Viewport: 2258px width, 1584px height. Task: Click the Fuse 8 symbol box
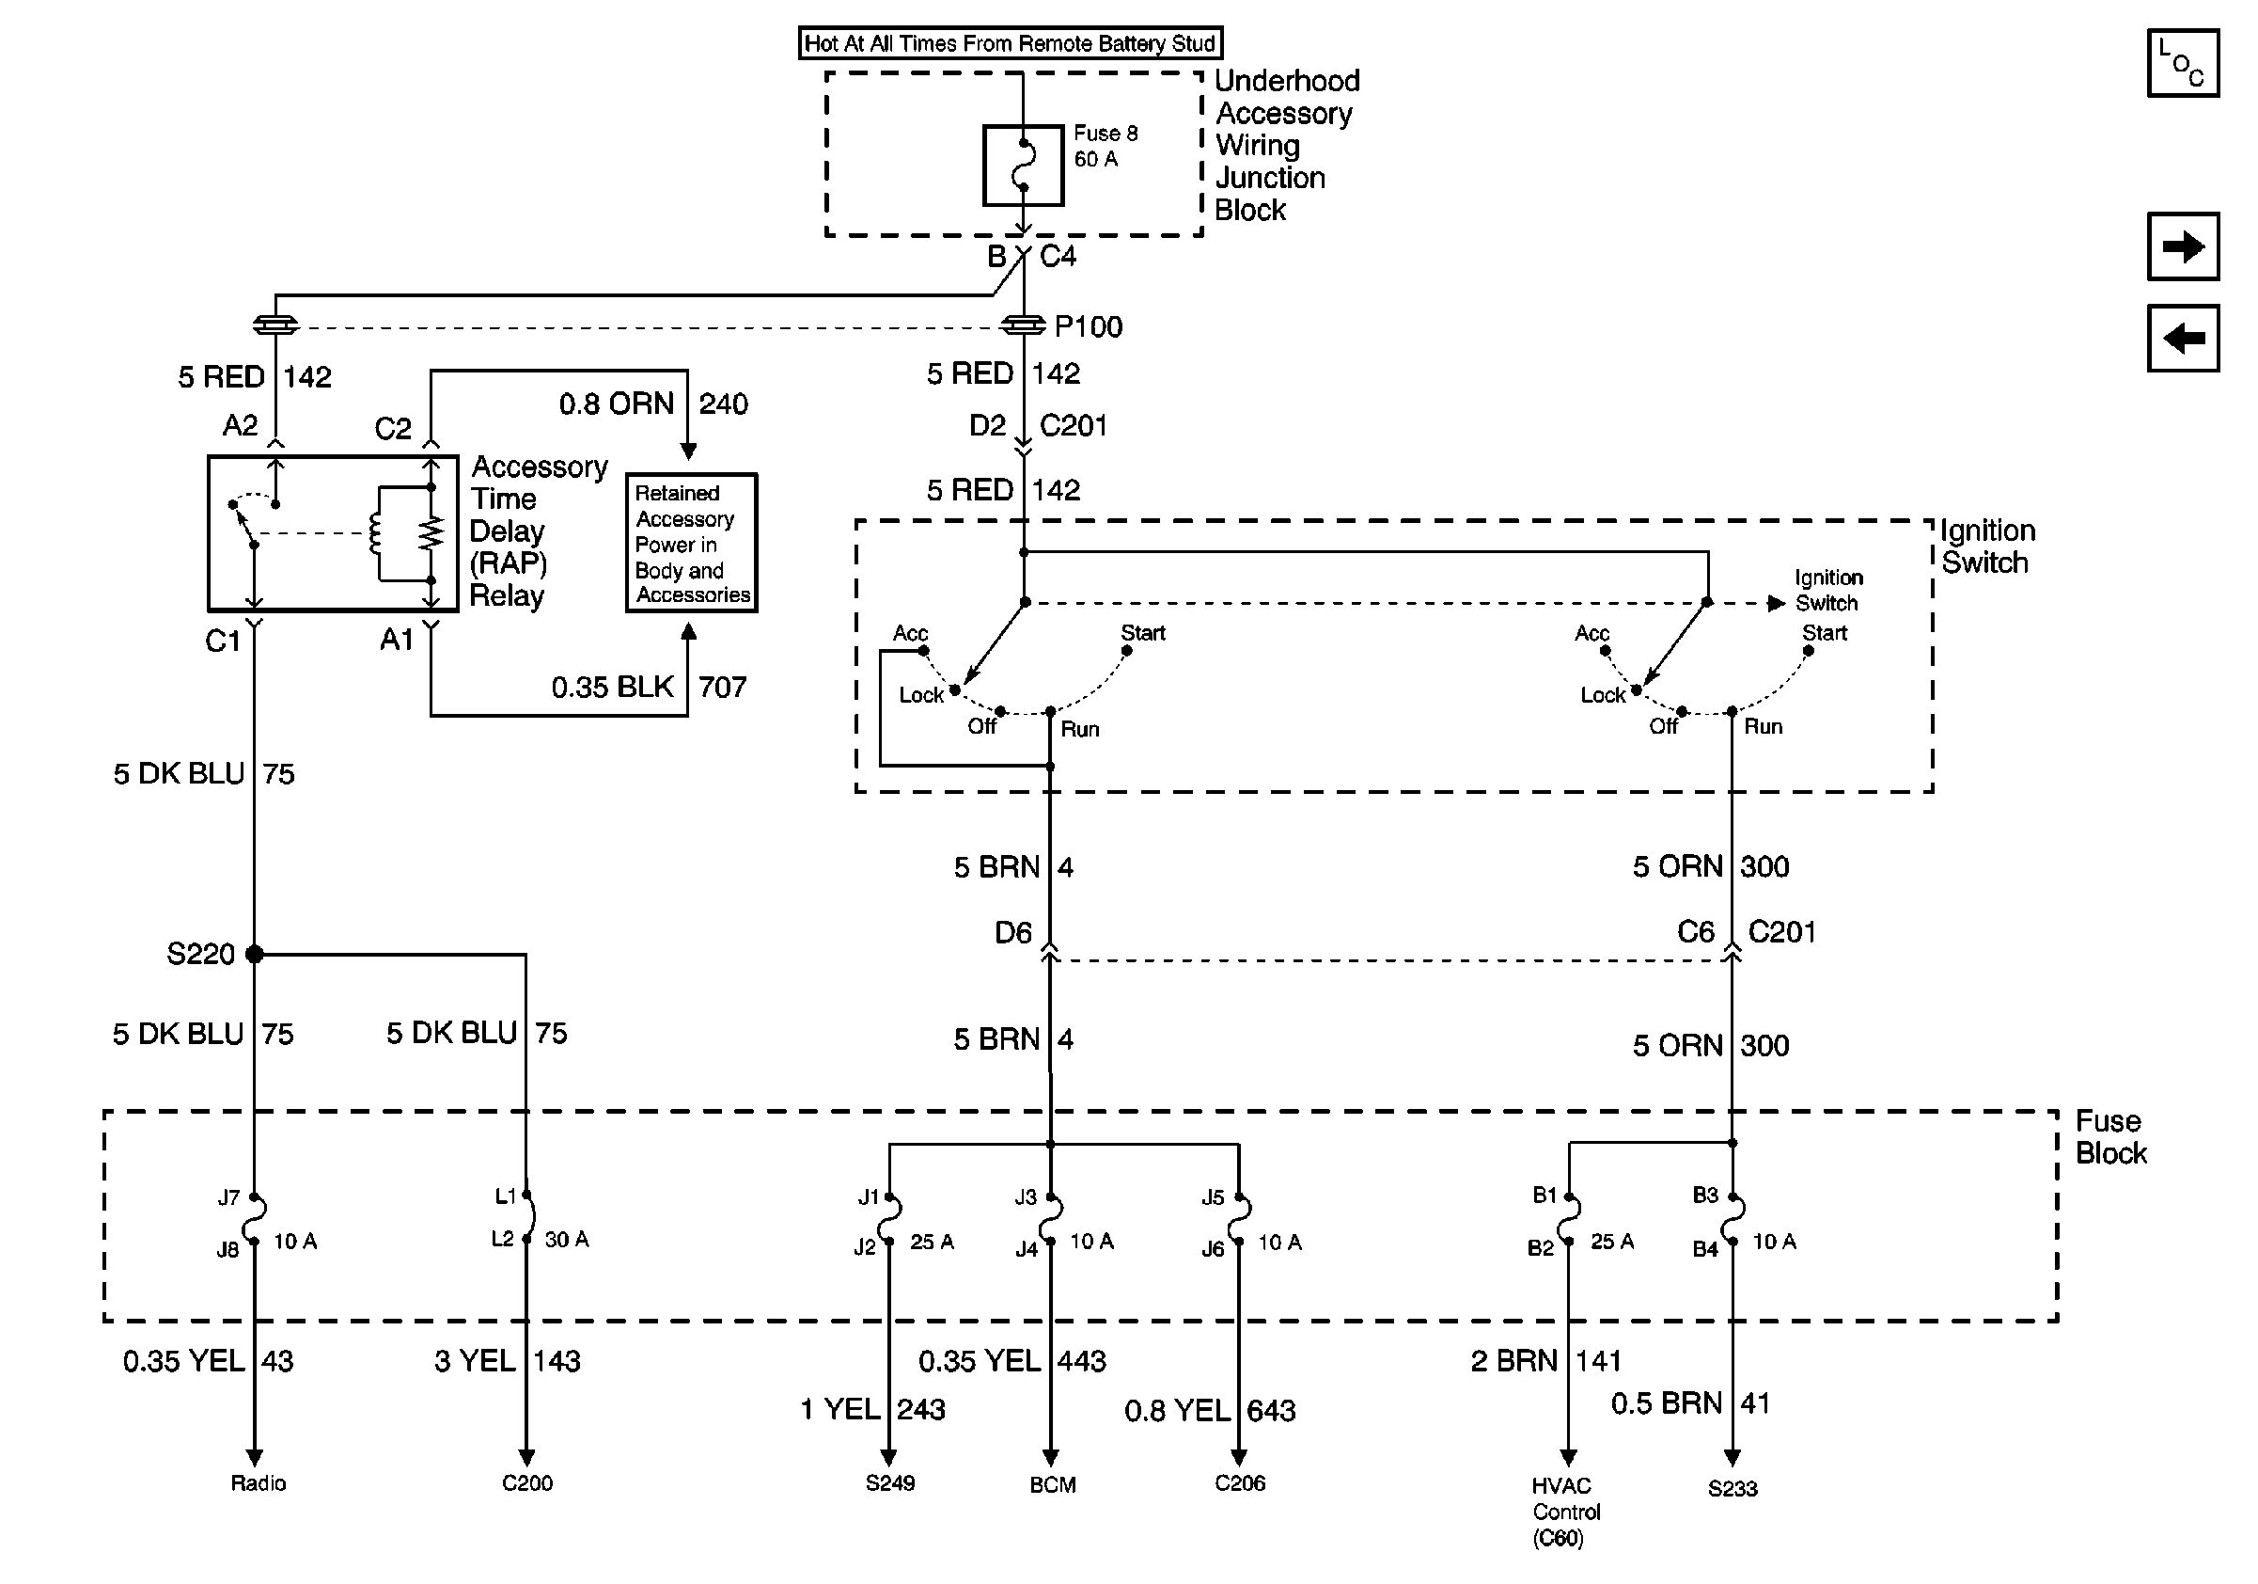pos(1023,166)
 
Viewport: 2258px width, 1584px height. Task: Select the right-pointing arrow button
pos(2183,246)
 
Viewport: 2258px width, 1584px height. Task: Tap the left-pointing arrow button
pos(2183,339)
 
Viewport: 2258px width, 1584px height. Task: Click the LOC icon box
pos(2183,63)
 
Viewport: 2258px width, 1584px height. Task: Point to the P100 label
pos(1088,326)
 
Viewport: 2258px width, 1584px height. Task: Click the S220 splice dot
pos(255,954)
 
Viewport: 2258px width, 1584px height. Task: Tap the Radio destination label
pos(259,1482)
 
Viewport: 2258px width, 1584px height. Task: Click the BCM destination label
pos(1052,1484)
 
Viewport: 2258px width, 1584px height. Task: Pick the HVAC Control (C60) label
pos(1565,1512)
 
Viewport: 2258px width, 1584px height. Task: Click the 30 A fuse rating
pos(567,1240)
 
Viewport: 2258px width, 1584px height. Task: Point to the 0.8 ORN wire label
pos(617,404)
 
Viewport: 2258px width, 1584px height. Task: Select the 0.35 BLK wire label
pos(613,687)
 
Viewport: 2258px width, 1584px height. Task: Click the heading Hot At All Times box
pos(1010,43)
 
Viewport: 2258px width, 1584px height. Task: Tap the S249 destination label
pos(890,1482)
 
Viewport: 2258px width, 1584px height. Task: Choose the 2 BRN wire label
pos(1514,1361)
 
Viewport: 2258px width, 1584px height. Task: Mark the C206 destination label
pos(1240,1482)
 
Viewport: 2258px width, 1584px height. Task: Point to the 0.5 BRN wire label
pos(1667,1403)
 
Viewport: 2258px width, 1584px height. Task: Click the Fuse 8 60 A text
pos(1105,146)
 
